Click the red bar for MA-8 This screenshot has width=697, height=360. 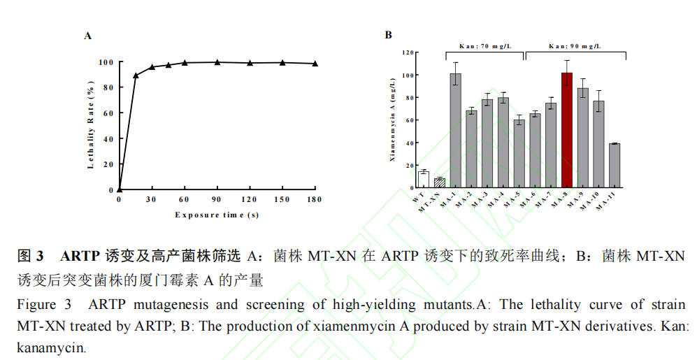tap(566, 131)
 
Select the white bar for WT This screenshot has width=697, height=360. tap(423, 180)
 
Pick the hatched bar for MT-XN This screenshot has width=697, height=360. tap(439, 183)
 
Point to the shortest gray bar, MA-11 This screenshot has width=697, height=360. tap(615, 166)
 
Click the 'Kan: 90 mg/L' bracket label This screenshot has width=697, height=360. tap(574, 46)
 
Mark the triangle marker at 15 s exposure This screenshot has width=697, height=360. tap(136, 75)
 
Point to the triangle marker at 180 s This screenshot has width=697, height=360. tap(315, 64)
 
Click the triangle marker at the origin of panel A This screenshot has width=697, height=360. tap(120, 189)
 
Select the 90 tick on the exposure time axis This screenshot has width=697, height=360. tap(217, 200)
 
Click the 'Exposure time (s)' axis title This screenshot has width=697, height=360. tap(217, 215)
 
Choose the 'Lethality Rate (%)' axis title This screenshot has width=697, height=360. tap(90, 126)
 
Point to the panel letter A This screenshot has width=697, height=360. tap(88, 35)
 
